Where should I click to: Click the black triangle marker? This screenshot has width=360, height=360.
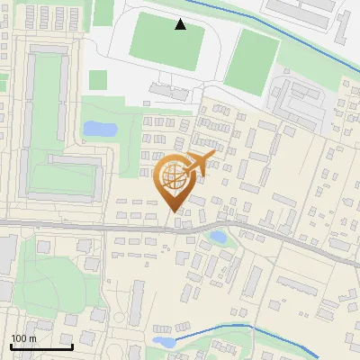click(x=181, y=24)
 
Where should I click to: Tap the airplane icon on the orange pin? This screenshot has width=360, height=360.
click(x=198, y=164)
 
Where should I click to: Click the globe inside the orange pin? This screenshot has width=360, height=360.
click(x=173, y=178)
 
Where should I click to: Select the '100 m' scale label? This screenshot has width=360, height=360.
click(x=23, y=338)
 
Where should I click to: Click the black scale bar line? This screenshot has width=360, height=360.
click(x=40, y=346)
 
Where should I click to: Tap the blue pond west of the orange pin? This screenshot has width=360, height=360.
click(x=99, y=129)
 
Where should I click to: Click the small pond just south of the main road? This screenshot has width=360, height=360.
click(x=218, y=238)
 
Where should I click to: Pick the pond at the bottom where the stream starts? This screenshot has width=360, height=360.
click(x=164, y=342)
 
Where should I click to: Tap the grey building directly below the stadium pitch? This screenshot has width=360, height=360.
click(x=171, y=91)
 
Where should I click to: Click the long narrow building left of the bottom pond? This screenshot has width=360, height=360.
click(x=137, y=303)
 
